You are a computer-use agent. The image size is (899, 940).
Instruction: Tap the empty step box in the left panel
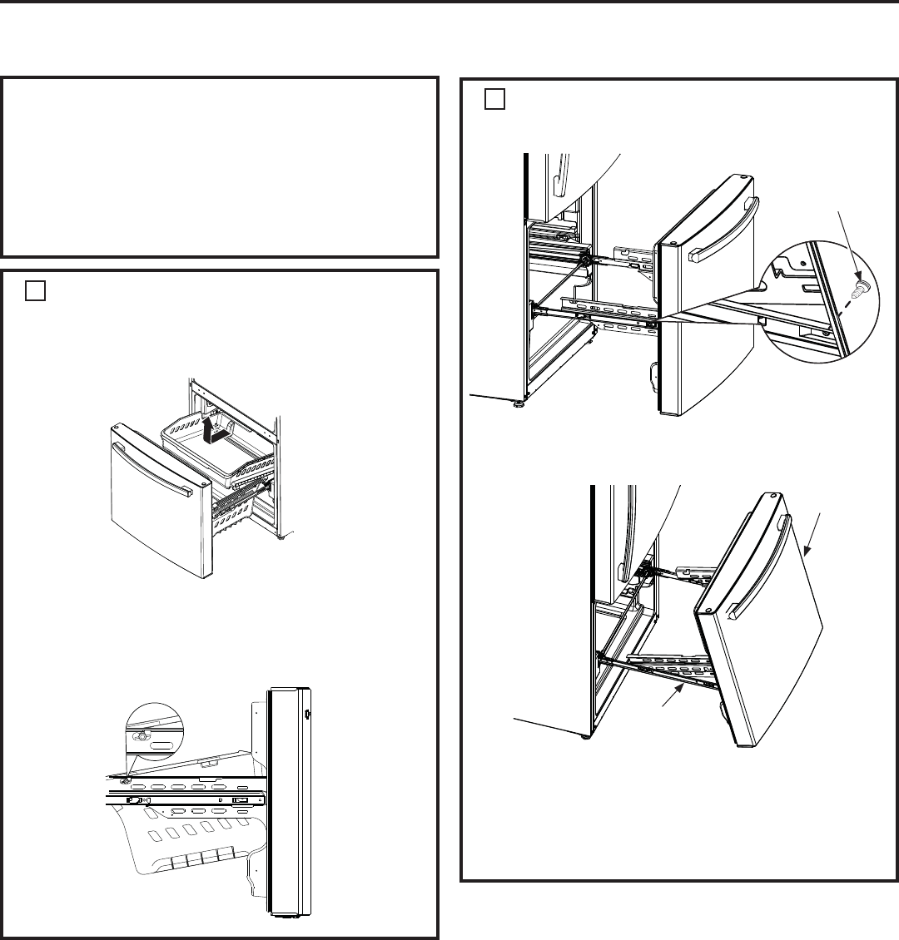click(x=34, y=289)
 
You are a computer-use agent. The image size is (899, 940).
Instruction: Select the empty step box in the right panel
click(x=494, y=100)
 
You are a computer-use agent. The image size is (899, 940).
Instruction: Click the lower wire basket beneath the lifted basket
click(x=241, y=507)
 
